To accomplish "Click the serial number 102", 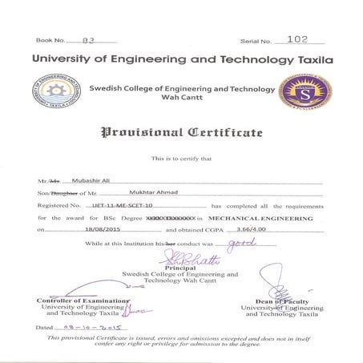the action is (x=297, y=38).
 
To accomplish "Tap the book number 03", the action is (x=89, y=39).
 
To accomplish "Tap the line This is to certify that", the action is (x=181, y=159).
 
